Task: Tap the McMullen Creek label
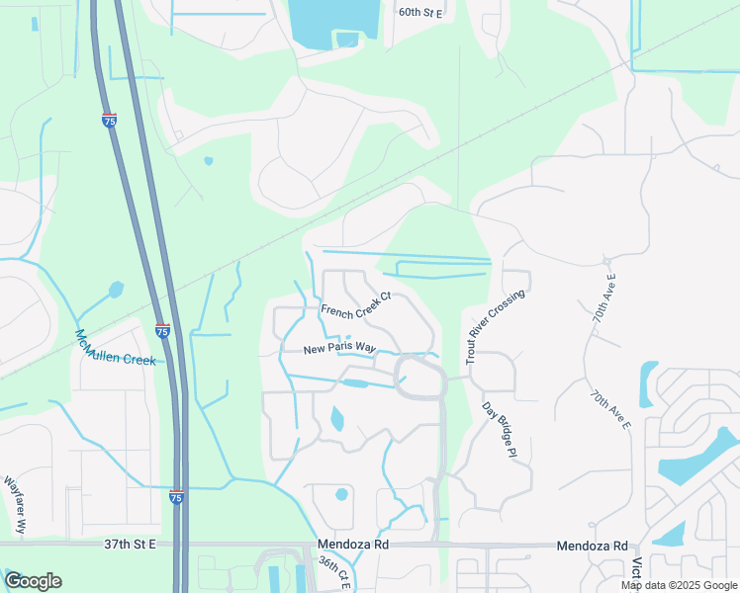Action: pyautogui.click(x=116, y=348)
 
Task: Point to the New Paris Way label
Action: pyautogui.click(x=340, y=349)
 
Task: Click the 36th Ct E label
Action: pyautogui.click(x=334, y=572)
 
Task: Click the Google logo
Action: pyautogui.click(x=33, y=581)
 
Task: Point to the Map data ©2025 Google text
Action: pyautogui.click(x=679, y=585)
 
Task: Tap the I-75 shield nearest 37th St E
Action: pyautogui.click(x=176, y=497)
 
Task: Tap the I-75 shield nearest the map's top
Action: pyautogui.click(x=109, y=120)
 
